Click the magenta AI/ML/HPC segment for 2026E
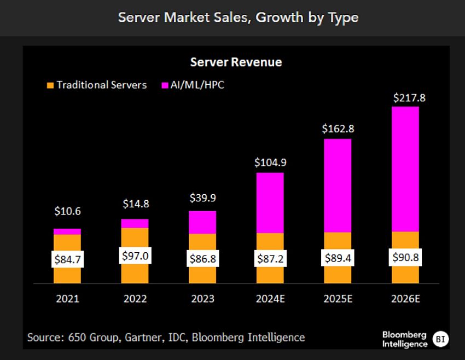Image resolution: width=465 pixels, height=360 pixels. (405, 169)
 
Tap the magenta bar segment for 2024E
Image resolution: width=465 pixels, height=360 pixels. (270, 202)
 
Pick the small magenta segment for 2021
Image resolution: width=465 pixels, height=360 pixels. (67, 231)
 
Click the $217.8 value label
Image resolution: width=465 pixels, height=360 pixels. (405, 98)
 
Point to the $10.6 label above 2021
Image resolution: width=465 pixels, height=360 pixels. (67, 211)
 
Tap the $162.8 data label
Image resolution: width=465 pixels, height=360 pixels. (338, 131)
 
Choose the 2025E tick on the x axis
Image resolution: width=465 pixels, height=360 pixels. (338, 299)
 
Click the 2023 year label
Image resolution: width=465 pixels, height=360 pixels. (202, 299)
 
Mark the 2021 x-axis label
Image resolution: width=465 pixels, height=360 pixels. (67, 299)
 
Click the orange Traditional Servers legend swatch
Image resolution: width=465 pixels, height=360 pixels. (50, 85)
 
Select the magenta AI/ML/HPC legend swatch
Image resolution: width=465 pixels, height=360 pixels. (165, 85)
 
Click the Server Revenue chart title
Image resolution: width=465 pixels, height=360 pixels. (236, 62)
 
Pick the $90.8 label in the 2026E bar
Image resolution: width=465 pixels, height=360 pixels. (405, 257)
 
